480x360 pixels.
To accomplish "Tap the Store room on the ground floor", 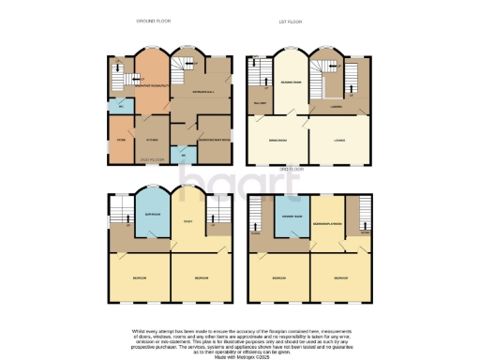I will pyautogui.click(x=121, y=143).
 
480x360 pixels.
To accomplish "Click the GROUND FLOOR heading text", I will pyautogui.click(x=152, y=20).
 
